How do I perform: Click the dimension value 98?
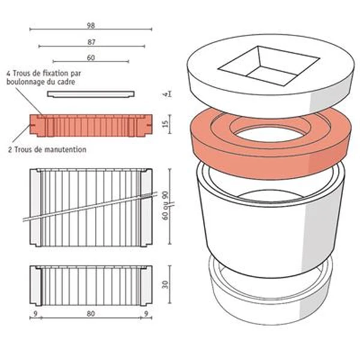click(91, 25)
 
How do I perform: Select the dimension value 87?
click(91, 42)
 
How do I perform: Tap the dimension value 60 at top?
click(91, 58)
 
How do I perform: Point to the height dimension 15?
click(165, 124)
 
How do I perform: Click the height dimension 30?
click(165, 284)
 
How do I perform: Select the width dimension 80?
click(91, 313)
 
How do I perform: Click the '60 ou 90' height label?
click(165, 206)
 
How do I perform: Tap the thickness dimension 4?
click(166, 94)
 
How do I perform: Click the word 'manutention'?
click(65, 149)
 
